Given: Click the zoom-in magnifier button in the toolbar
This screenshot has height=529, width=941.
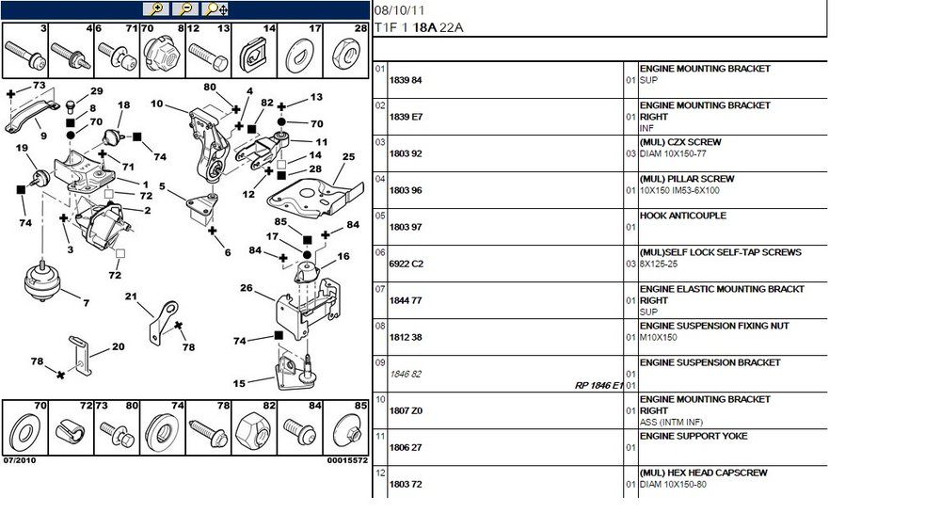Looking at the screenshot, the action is point(156,9).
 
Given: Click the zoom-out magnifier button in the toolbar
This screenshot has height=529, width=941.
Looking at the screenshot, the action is point(185,9).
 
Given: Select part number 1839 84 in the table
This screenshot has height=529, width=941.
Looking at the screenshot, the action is point(406,80).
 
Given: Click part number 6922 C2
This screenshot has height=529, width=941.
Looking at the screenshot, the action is point(407,264).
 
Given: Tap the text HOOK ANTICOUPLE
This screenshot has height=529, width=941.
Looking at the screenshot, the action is point(683,216).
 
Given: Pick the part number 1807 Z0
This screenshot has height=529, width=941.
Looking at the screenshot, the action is point(406,410).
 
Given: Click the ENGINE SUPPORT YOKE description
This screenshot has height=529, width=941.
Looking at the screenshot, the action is point(694,436).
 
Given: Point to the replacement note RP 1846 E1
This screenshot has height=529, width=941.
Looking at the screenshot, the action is point(598,386).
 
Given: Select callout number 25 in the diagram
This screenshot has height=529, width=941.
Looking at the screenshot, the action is point(349,156).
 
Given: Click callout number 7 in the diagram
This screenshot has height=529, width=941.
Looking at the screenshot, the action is point(87,303).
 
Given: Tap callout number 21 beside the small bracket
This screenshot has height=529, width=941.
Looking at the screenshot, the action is point(131,296).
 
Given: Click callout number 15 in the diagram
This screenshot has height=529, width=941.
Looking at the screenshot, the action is point(239,383).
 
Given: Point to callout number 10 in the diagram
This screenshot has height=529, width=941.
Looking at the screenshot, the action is point(156,104).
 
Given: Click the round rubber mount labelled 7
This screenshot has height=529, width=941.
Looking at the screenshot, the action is point(43,281).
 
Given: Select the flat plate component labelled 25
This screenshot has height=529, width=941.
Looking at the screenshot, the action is point(314,197).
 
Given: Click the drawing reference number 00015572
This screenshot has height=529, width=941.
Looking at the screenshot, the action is point(347,460).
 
